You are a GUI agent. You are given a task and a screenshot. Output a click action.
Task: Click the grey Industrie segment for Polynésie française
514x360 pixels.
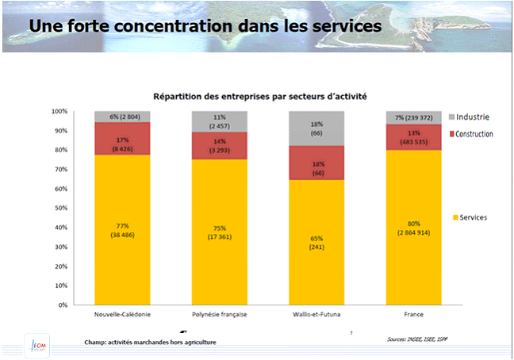tap(220, 121)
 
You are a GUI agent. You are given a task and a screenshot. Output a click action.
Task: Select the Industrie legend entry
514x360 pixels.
tap(473, 117)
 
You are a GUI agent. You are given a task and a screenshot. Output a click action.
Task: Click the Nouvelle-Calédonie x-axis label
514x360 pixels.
tap(123, 315)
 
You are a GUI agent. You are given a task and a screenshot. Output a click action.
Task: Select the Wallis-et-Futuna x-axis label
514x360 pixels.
tap(316, 315)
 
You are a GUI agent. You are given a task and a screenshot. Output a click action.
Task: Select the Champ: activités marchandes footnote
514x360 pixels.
tap(150, 342)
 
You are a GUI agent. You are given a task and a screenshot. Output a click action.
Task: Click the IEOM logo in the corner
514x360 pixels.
tap(36, 343)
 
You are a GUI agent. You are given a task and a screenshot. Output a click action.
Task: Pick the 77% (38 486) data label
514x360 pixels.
tap(123, 232)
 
